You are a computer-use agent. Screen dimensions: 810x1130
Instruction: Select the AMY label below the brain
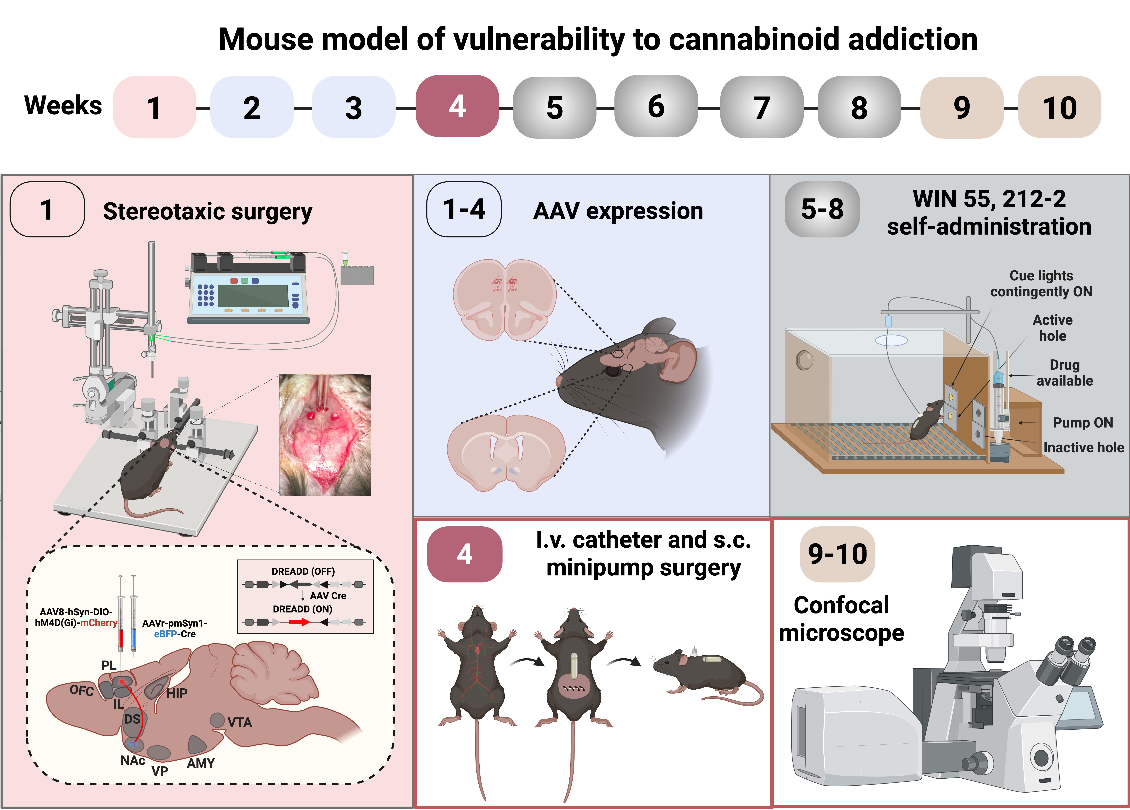pos(201,763)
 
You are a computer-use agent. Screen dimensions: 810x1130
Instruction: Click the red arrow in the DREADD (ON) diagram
pos(299,622)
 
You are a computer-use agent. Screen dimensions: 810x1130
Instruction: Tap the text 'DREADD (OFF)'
pos(303,571)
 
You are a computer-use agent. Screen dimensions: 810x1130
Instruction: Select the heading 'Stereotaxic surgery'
pos(207,211)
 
